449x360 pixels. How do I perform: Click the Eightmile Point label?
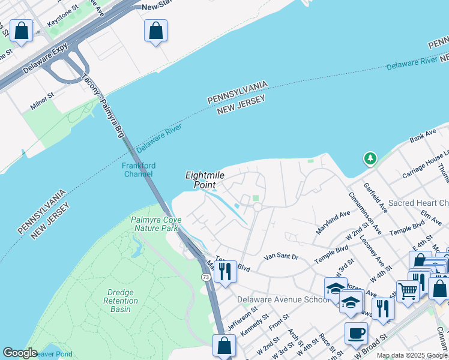(201, 179)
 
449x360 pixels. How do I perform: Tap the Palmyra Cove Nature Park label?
(155, 224)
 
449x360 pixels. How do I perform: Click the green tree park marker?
(370, 159)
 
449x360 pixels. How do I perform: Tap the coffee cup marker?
(356, 332)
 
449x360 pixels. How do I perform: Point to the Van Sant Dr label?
(281, 257)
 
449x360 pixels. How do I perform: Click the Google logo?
(20, 353)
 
